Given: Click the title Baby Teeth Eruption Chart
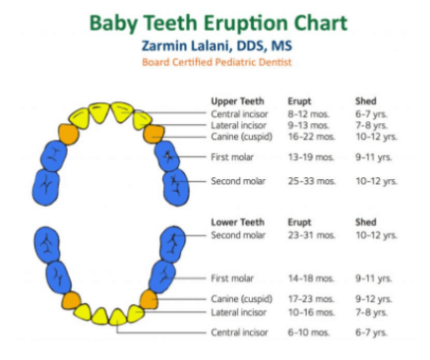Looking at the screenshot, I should [x=215, y=21].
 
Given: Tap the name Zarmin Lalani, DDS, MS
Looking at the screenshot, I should [x=215, y=44].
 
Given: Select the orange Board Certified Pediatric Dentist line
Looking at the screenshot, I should [x=215, y=62].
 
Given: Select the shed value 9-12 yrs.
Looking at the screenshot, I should [x=375, y=298].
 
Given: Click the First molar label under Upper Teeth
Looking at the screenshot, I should [x=234, y=157].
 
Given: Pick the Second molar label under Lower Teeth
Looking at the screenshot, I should [x=238, y=235].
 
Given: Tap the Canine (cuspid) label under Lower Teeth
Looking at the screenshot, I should [x=241, y=298].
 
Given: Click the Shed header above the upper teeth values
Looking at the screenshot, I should [x=365, y=101].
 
